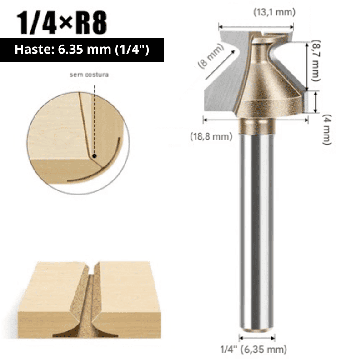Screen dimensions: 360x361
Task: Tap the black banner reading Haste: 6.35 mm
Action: [x=82, y=50]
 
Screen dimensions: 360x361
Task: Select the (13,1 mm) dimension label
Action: [x=274, y=13]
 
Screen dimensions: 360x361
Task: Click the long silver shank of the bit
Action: [x=257, y=227]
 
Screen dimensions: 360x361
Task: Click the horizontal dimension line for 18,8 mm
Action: [x=255, y=120]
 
